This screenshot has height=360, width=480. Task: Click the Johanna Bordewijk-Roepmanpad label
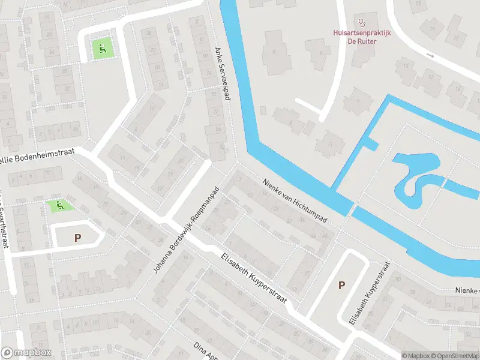187,230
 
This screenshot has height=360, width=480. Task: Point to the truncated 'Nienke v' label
466,292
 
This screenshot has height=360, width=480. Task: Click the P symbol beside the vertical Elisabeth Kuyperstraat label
341,285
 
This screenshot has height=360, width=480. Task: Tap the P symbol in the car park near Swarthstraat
77,238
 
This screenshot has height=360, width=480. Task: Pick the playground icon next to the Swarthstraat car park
59,206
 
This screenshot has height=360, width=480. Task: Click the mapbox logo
26,353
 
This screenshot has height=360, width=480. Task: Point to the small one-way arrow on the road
430,55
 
